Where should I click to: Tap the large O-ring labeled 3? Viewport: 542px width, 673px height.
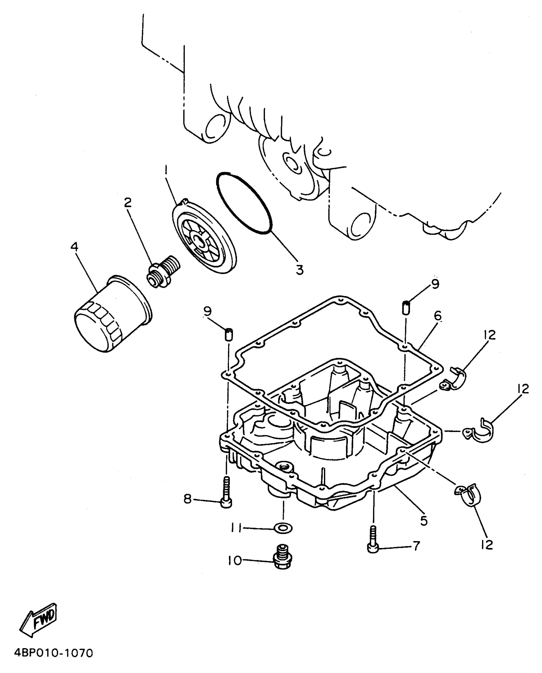(x=244, y=204)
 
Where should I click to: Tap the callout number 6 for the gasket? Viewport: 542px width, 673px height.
(x=437, y=316)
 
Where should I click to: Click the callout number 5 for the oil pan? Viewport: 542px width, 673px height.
(x=423, y=520)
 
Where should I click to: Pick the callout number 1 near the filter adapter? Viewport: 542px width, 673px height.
(x=165, y=173)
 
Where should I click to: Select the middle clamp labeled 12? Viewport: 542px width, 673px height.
(x=478, y=432)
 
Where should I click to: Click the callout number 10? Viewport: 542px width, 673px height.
(x=235, y=560)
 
